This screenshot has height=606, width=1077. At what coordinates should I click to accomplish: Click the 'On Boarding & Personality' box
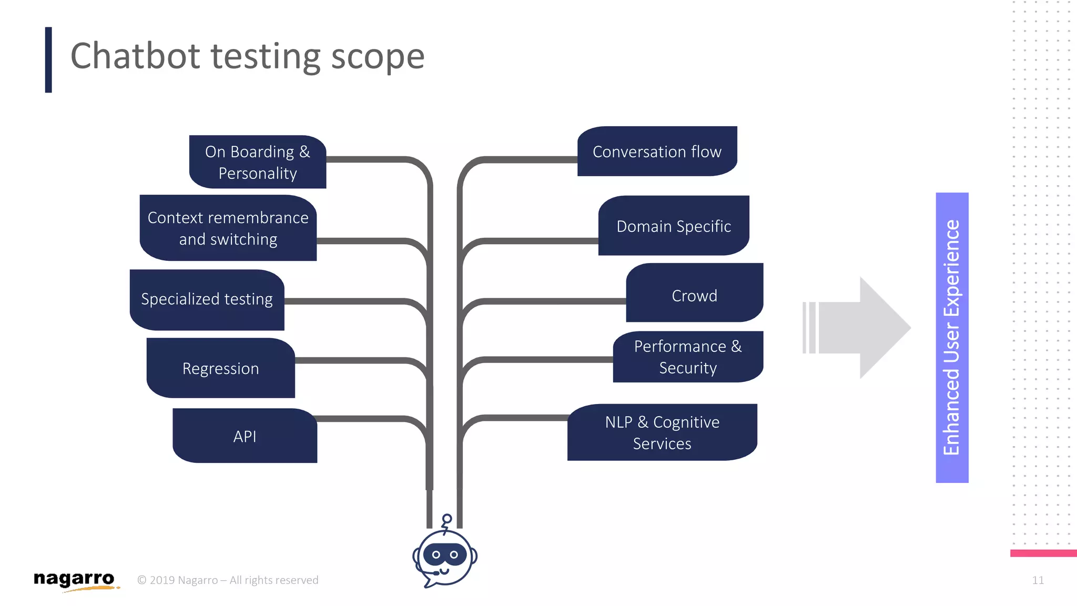[258, 162]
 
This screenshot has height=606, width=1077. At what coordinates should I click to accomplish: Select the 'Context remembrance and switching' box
[228, 228]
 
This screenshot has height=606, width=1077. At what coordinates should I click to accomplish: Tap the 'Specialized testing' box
[207, 300]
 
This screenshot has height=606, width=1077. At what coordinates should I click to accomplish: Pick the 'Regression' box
[221, 368]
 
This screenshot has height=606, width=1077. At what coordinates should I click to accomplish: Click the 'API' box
[245, 436]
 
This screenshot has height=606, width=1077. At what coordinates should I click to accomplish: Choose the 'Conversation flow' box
[657, 151]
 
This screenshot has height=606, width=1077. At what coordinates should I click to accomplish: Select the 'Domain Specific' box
[674, 226]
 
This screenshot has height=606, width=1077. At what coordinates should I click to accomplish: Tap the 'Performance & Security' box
[688, 357]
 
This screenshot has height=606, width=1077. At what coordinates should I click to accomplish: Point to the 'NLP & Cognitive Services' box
[662, 432]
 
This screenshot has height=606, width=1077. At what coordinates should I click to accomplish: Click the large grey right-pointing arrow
[862, 327]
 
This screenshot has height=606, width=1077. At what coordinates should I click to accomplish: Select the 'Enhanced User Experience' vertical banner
[952, 338]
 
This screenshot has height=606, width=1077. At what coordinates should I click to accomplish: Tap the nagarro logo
[74, 580]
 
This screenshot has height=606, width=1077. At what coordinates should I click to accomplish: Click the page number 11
[1038, 580]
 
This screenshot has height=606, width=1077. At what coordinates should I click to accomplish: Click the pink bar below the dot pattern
[1043, 553]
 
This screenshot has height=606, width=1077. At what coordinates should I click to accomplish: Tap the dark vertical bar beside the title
[48, 60]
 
